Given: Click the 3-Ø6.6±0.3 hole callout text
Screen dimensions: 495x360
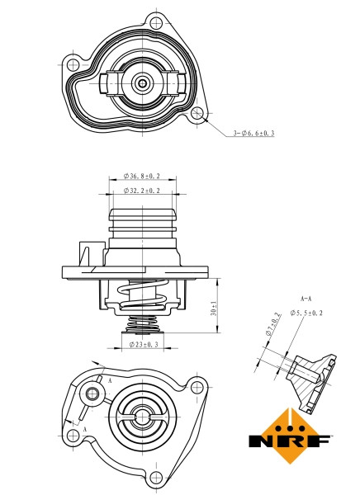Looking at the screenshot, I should click(x=253, y=133).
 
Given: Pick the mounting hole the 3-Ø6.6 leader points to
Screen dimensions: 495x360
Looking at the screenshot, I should click(x=197, y=113).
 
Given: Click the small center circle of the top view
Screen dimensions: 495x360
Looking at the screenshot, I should click(x=143, y=82).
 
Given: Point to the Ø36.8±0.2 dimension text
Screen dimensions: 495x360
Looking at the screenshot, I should click(x=142, y=177).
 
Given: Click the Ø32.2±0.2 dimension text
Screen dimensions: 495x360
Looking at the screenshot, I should click(x=142, y=191).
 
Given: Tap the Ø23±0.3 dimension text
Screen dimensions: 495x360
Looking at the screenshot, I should click(x=142, y=344).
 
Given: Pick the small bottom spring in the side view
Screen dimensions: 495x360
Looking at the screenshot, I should click(x=142, y=325).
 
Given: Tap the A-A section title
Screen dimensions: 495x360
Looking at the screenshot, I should click(x=306, y=297).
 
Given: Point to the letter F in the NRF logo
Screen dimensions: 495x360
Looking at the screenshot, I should click(x=321, y=441).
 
